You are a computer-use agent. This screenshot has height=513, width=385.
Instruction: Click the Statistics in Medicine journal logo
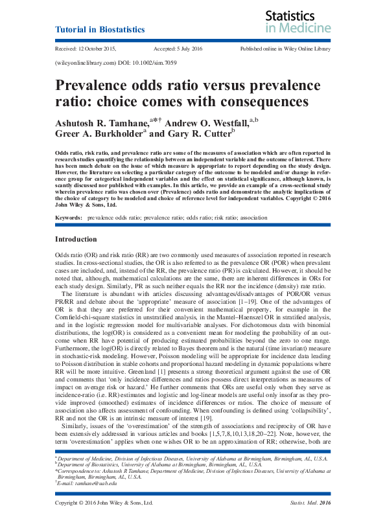[x=297, y=21]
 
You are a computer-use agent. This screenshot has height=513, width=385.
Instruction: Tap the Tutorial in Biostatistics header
[x=100, y=30]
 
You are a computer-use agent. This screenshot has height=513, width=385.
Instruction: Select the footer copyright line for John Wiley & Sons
[x=104, y=503]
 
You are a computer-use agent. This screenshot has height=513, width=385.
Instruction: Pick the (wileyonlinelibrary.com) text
[x=83, y=63]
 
